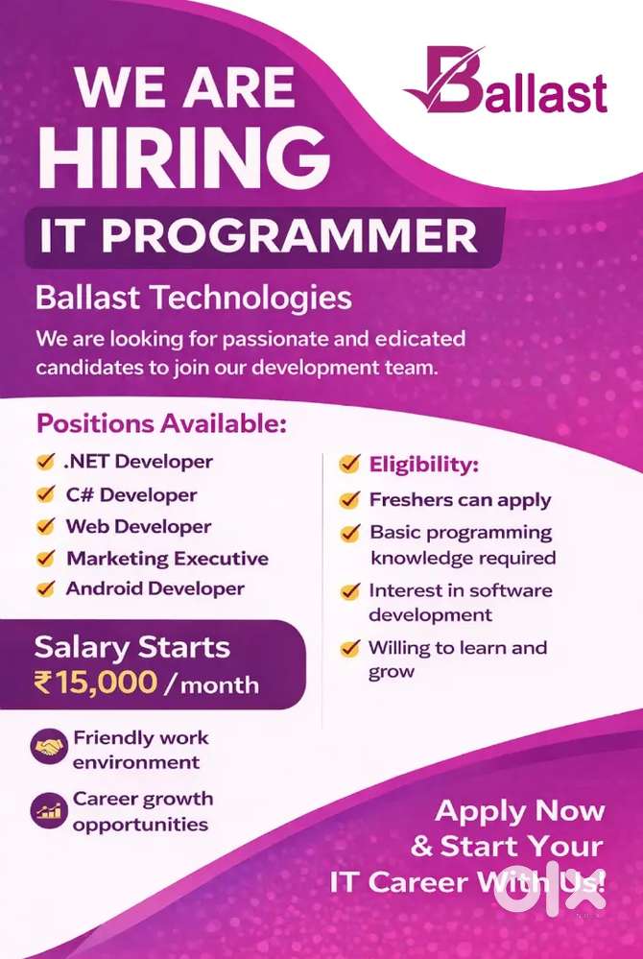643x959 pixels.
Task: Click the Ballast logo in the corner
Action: [506, 82]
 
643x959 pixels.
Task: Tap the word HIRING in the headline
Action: [184, 158]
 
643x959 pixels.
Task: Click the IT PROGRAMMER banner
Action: [264, 237]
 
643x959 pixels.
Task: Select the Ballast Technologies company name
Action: [193, 299]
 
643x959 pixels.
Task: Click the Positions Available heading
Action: [161, 424]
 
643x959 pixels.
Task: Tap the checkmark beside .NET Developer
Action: [46, 461]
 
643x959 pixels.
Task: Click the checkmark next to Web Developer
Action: [46, 526]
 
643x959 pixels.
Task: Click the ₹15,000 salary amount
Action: [95, 683]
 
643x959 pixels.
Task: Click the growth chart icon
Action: [49, 811]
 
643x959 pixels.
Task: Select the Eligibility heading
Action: [423, 465]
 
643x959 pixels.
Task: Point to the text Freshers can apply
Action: [461, 500]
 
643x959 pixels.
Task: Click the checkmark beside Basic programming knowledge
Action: [350, 534]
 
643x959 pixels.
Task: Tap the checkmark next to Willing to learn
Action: [350, 648]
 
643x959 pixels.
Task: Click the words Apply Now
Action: [520, 812]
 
